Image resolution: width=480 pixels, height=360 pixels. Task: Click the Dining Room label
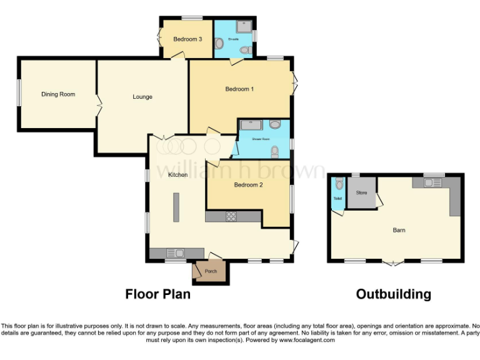(x=58, y=94)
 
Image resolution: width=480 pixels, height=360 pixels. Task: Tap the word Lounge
(x=142, y=97)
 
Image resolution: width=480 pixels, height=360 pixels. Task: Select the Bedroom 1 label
(x=239, y=89)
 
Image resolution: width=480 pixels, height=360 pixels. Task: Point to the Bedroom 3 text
(x=187, y=39)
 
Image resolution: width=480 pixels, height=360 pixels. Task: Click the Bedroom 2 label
(x=247, y=185)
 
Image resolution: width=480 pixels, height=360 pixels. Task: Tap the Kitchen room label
(x=178, y=175)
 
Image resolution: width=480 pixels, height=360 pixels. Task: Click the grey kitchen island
(x=176, y=208)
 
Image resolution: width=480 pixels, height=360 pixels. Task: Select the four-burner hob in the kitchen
(x=231, y=216)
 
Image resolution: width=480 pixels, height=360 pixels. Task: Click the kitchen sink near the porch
(x=174, y=253)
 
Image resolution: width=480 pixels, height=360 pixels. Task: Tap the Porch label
(x=211, y=271)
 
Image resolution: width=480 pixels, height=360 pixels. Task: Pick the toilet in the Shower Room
(x=275, y=151)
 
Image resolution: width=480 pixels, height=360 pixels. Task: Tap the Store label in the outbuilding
(x=361, y=192)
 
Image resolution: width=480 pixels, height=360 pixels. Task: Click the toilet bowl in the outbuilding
(x=338, y=184)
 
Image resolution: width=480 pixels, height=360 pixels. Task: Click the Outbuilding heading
(x=393, y=294)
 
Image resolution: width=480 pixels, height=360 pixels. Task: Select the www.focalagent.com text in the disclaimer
(x=307, y=340)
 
